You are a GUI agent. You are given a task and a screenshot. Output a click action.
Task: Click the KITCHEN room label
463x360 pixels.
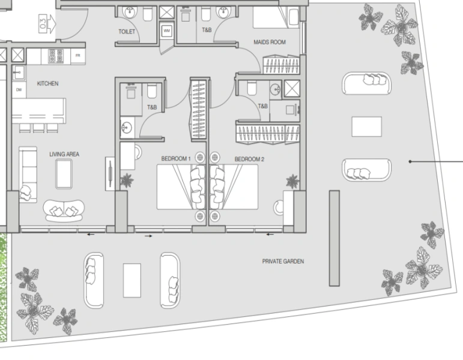[x=47, y=84]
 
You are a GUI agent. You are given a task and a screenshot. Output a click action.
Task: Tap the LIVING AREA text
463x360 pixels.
[x=64, y=155]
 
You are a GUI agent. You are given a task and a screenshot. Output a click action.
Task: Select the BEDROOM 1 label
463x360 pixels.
[x=176, y=159]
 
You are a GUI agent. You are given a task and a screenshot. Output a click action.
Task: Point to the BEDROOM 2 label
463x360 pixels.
[x=249, y=159]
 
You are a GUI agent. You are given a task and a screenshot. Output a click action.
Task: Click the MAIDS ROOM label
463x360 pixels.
[x=268, y=43]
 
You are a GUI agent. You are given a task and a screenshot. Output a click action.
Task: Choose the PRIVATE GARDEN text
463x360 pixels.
[x=283, y=262]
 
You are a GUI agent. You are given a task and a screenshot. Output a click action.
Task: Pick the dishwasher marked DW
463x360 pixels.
[x=19, y=90]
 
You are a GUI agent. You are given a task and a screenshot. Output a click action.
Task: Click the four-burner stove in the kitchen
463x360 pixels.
[x=56, y=56]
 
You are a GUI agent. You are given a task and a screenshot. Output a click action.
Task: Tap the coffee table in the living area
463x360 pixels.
[x=64, y=173]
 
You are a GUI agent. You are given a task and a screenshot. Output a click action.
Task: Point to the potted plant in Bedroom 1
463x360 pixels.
[x=127, y=180]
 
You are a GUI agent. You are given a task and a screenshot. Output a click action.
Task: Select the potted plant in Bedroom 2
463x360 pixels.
[x=292, y=181]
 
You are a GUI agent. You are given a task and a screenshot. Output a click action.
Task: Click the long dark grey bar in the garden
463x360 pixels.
[x=334, y=238]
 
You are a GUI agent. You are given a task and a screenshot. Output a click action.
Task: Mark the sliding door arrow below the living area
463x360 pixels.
[x=89, y=235]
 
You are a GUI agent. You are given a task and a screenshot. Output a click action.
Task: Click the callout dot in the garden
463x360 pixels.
[x=410, y=161]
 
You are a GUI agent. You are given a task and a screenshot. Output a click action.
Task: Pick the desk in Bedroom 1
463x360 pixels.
[x=128, y=157]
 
